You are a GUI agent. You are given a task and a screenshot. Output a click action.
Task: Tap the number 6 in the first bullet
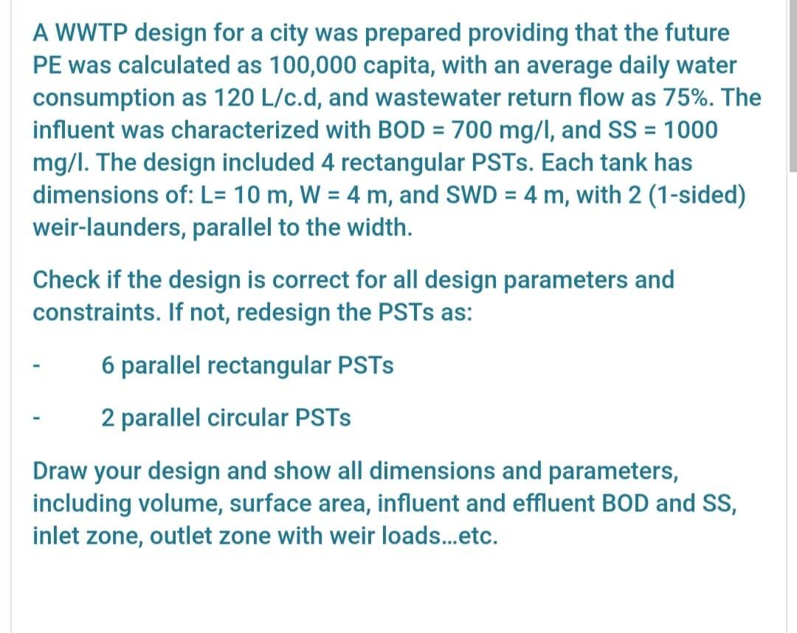tap(108, 365)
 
